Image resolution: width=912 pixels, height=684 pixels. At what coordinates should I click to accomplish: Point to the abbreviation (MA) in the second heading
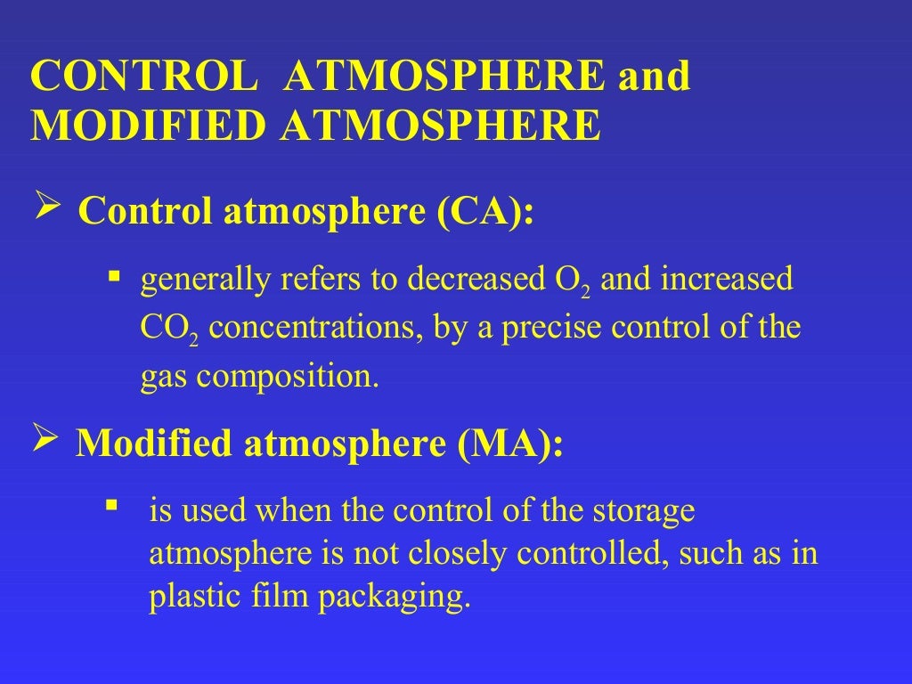[x=511, y=443]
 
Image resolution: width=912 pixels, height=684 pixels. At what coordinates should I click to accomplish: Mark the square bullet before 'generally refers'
[x=113, y=276]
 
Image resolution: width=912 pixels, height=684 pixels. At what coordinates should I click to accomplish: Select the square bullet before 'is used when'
[x=112, y=507]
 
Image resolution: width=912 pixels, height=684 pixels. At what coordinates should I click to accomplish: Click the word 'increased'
[x=726, y=280]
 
